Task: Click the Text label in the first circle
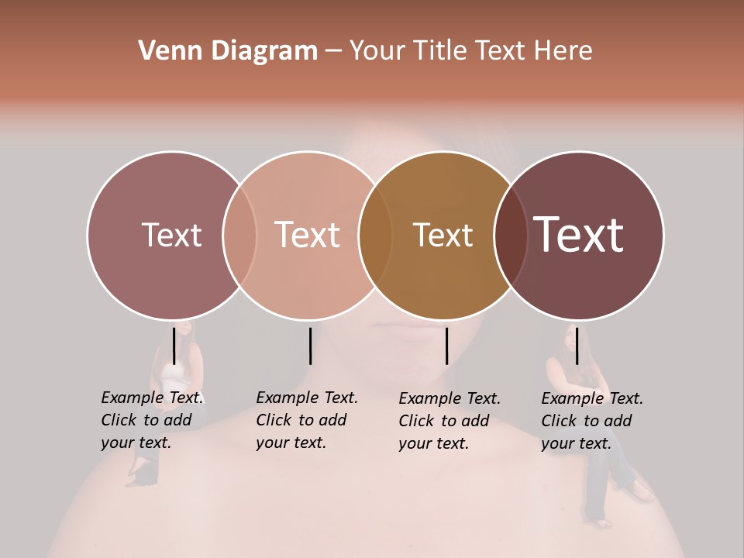point(171,235)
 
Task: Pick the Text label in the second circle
point(308,235)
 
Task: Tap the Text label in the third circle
point(443,235)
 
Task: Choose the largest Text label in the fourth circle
point(578,234)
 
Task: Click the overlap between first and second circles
point(239,235)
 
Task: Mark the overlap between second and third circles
point(375,235)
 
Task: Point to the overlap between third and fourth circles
point(511,235)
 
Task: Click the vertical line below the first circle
point(174,346)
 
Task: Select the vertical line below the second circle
point(310,346)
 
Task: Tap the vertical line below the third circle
point(446,346)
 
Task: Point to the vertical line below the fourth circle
point(577,346)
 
